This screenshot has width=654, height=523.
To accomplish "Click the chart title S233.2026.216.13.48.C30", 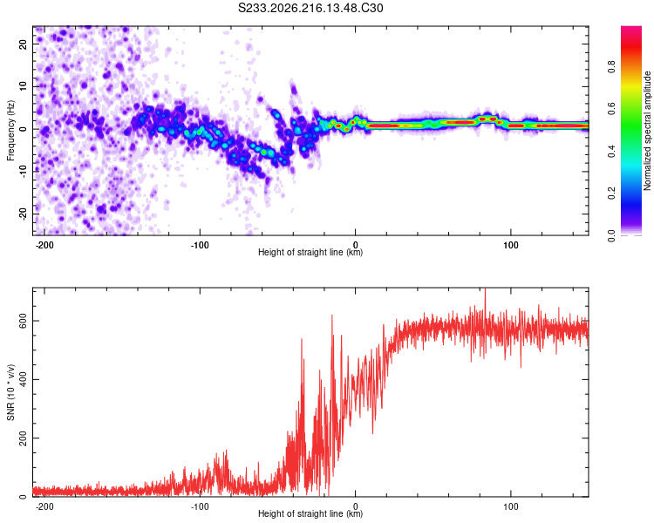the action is tap(310, 8).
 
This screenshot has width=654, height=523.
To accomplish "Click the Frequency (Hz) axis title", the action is tap(10, 131).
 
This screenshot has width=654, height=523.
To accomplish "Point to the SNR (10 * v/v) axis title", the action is tap(10, 392).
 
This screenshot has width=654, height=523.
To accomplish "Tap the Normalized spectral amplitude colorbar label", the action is tap(647, 131).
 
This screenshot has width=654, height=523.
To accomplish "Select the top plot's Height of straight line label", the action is tap(310, 252).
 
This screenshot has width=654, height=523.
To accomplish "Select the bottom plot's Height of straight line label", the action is tap(310, 513).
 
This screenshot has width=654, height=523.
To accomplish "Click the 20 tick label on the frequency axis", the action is tap(23, 44).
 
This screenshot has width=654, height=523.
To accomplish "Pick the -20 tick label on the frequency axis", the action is tap(23, 214).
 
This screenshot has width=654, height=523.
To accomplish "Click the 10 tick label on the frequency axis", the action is tap(23, 86).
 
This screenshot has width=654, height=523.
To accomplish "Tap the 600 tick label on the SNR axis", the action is tap(23, 321).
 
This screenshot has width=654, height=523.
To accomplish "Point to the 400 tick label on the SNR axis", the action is tap(23, 379).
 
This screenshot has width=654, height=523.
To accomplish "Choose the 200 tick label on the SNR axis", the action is tap(23, 438).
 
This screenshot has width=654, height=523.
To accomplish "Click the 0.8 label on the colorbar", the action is tap(611, 67).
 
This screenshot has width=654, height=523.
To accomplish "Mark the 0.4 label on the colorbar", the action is tap(611, 152).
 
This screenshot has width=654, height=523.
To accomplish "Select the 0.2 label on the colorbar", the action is tap(611, 194).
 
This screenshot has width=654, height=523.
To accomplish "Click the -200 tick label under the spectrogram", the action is tap(44, 245).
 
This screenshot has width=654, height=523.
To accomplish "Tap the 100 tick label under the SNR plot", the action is tap(510, 506).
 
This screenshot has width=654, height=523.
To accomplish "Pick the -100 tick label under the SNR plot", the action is tap(200, 506).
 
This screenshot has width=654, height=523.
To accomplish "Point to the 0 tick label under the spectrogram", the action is tap(356, 245).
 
